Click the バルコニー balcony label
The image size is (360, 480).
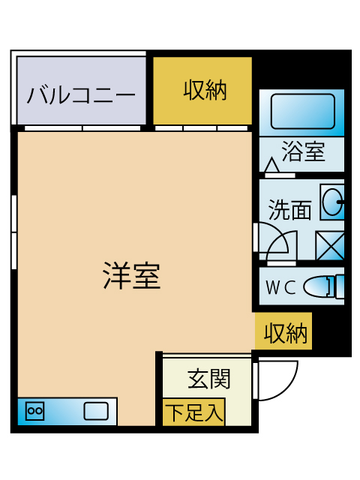point(81,95)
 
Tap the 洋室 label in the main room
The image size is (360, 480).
point(132,275)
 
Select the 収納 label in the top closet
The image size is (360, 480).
point(205,90)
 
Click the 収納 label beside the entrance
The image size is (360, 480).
point(285,333)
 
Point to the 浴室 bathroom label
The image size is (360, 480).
point(303,151)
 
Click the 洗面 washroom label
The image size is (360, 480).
point(290,210)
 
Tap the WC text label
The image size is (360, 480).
point(280,287)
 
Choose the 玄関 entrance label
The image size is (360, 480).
point(208,378)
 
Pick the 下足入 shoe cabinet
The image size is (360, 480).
point(193,412)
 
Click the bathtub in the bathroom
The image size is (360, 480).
point(302,111)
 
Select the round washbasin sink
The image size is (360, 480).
point(333,202)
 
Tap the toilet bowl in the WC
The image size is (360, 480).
point(324,286)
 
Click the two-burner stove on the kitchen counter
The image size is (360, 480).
point(34,410)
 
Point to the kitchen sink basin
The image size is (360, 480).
point(96,411)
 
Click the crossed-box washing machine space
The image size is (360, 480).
point(330,245)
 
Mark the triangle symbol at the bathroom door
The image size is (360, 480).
point(271,165)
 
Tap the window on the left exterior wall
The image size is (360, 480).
point(13,232)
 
